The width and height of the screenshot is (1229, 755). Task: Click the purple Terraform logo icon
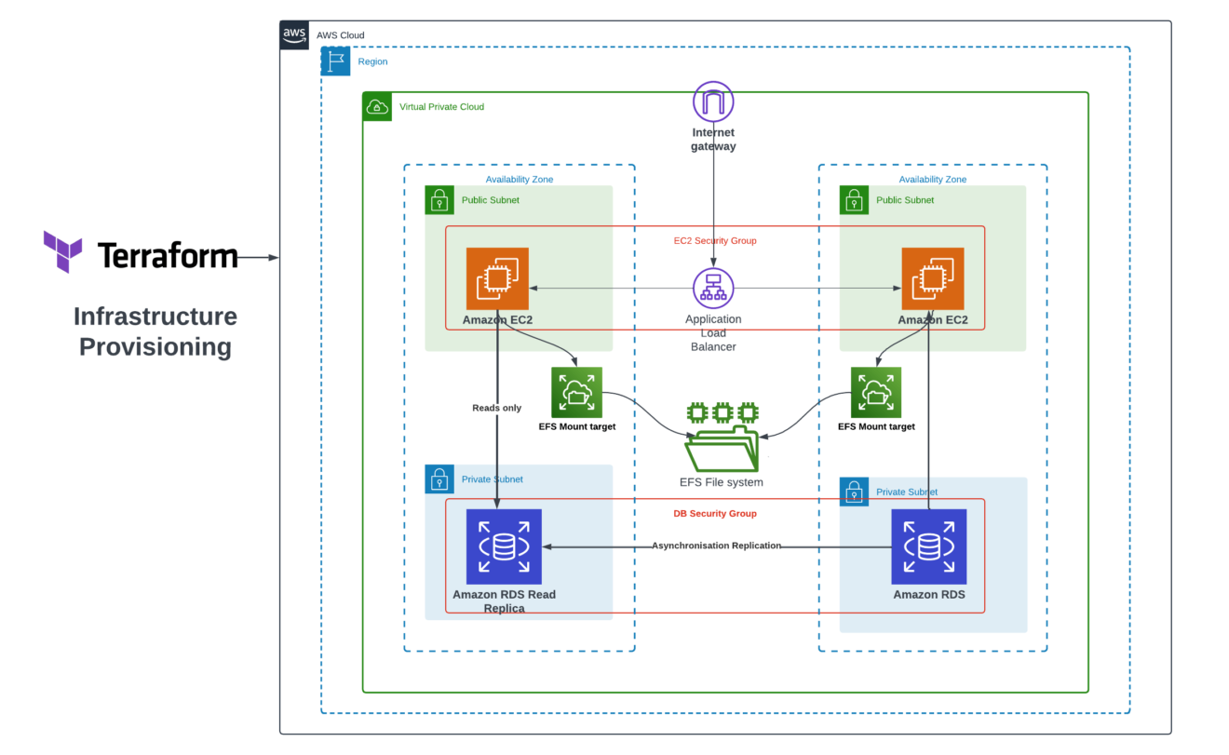pyautogui.click(x=62, y=251)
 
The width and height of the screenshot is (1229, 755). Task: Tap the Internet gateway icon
pyautogui.click(x=713, y=101)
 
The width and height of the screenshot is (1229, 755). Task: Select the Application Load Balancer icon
pyautogui.click(x=713, y=289)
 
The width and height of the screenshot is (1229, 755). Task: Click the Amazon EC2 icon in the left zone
pyautogui.click(x=497, y=278)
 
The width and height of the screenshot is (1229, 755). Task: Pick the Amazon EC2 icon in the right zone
pyautogui.click(x=932, y=278)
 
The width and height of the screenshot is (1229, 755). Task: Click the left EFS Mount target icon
pyautogui.click(x=576, y=392)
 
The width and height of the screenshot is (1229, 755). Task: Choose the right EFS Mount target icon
pyautogui.click(x=876, y=392)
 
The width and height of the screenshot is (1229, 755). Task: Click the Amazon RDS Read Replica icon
pyautogui.click(x=504, y=546)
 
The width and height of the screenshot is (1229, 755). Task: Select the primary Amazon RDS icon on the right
pyautogui.click(x=928, y=546)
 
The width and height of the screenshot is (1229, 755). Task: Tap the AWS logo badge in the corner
pyautogui.click(x=294, y=35)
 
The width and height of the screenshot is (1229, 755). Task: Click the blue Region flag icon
pyautogui.click(x=335, y=61)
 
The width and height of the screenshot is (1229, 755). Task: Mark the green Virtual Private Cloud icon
pyautogui.click(x=377, y=106)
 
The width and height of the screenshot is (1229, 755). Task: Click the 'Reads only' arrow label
pyautogui.click(x=497, y=408)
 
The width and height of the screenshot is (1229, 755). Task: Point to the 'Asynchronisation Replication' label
pyautogui.click(x=716, y=546)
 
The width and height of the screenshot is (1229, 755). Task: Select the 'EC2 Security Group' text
pyautogui.click(x=715, y=240)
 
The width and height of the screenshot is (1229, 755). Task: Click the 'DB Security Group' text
pyautogui.click(x=715, y=513)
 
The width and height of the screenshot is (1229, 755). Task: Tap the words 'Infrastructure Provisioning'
pyautogui.click(x=155, y=331)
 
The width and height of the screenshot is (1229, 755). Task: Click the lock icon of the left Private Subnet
pyautogui.click(x=439, y=479)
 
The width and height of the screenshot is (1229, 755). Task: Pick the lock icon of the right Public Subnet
pyautogui.click(x=854, y=200)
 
